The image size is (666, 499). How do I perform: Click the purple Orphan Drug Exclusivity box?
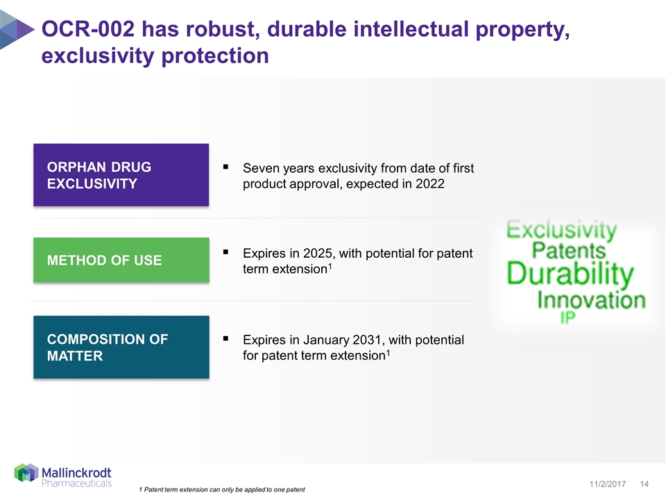click(x=121, y=175)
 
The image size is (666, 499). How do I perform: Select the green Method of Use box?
click(x=121, y=260)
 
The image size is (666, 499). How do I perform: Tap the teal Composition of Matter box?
click(x=121, y=347)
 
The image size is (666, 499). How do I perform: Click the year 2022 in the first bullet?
click(x=430, y=184)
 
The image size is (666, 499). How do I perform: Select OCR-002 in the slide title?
click(x=88, y=29)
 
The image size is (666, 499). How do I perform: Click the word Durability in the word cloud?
click(x=570, y=274)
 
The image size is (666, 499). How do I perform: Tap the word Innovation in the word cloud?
click(x=591, y=300)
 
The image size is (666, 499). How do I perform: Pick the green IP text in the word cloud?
click(x=568, y=317)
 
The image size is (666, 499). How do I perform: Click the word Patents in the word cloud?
click(x=569, y=250)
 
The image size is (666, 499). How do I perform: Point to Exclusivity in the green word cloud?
click(x=561, y=229)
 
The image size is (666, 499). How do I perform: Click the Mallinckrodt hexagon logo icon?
click(x=26, y=473)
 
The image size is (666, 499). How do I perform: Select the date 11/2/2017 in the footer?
click(x=608, y=484)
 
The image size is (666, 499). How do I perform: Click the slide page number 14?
click(x=644, y=484)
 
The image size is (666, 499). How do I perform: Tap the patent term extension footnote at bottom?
click(x=222, y=490)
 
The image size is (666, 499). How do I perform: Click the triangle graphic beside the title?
click(x=16, y=30)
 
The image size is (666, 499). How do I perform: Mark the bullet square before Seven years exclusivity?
click(x=225, y=167)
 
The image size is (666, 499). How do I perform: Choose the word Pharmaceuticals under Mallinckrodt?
click(x=76, y=483)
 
